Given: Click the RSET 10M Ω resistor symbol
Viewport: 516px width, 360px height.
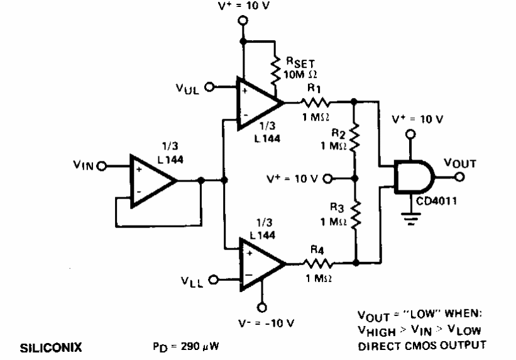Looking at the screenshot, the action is tap(275, 71).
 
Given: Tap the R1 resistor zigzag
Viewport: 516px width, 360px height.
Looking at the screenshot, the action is tap(315, 102).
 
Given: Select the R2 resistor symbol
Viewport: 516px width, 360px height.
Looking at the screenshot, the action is tap(354, 138).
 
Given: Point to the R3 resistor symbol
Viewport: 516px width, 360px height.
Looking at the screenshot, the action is tap(355, 215).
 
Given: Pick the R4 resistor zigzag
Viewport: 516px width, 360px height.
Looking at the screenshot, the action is tap(317, 263).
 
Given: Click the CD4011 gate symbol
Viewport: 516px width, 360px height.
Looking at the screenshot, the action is tap(415, 177).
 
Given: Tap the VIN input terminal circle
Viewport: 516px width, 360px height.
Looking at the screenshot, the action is tap(102, 166).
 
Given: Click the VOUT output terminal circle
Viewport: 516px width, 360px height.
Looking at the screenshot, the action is tap(459, 177).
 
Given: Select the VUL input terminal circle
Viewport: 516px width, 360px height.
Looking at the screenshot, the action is tap(209, 87).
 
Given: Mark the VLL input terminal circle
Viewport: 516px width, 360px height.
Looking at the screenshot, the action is tap(214, 280).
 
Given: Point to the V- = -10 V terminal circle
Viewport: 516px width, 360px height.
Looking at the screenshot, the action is tap(262, 307).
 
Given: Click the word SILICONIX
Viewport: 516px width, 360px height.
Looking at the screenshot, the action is tap(51, 348).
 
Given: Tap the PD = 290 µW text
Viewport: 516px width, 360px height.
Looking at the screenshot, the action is tap(185, 347).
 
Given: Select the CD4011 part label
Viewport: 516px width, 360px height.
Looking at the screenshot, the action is tap(436, 200).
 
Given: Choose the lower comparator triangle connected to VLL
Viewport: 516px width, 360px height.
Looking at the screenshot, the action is tap(262, 264).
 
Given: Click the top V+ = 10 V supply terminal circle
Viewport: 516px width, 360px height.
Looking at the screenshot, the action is tap(243, 21).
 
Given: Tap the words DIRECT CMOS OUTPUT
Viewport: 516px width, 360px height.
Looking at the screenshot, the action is tap(422, 346).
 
